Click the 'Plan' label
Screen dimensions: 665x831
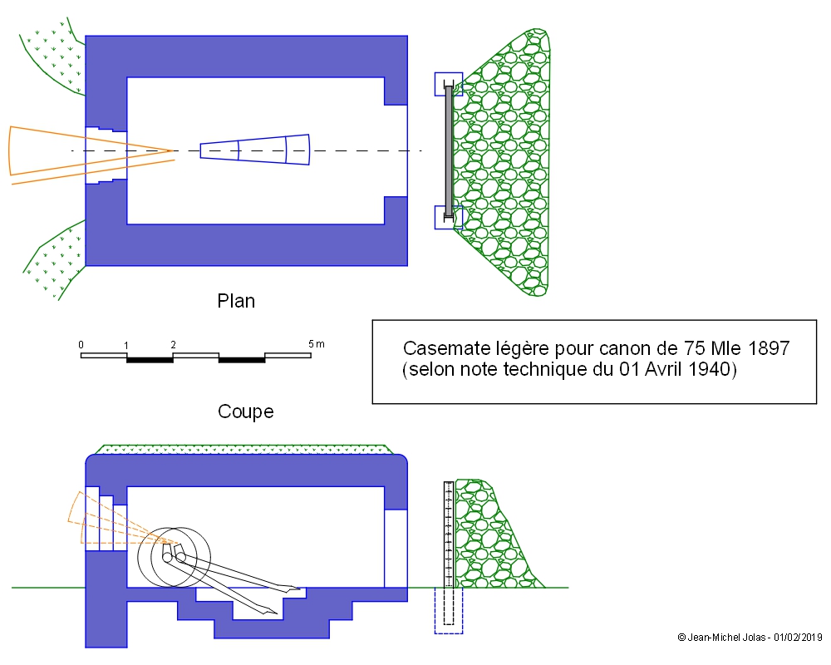[236, 301]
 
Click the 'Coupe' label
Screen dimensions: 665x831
[245, 411]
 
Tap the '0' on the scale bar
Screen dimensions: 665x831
[81, 344]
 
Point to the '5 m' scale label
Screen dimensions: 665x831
[316, 344]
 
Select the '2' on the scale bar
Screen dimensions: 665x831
[173, 344]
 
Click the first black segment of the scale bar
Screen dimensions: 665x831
[150, 359]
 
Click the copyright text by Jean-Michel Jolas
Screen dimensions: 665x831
[750, 638]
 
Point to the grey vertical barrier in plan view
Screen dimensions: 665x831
[450, 150]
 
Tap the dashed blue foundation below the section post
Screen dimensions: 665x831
[449, 611]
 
